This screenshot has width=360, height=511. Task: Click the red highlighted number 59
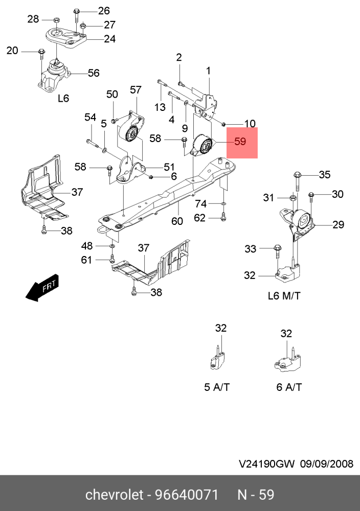(240, 142)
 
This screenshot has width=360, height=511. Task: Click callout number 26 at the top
(104, 10)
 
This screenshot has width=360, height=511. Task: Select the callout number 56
(93, 73)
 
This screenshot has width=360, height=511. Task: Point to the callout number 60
(177, 221)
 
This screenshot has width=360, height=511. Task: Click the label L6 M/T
(284, 296)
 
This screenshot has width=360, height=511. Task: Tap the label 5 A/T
(217, 387)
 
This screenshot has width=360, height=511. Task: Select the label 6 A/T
(289, 387)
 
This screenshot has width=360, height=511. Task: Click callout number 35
(325, 175)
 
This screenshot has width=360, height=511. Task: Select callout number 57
(136, 90)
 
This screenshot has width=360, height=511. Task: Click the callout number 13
(160, 107)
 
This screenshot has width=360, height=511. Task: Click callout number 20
(12, 50)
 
